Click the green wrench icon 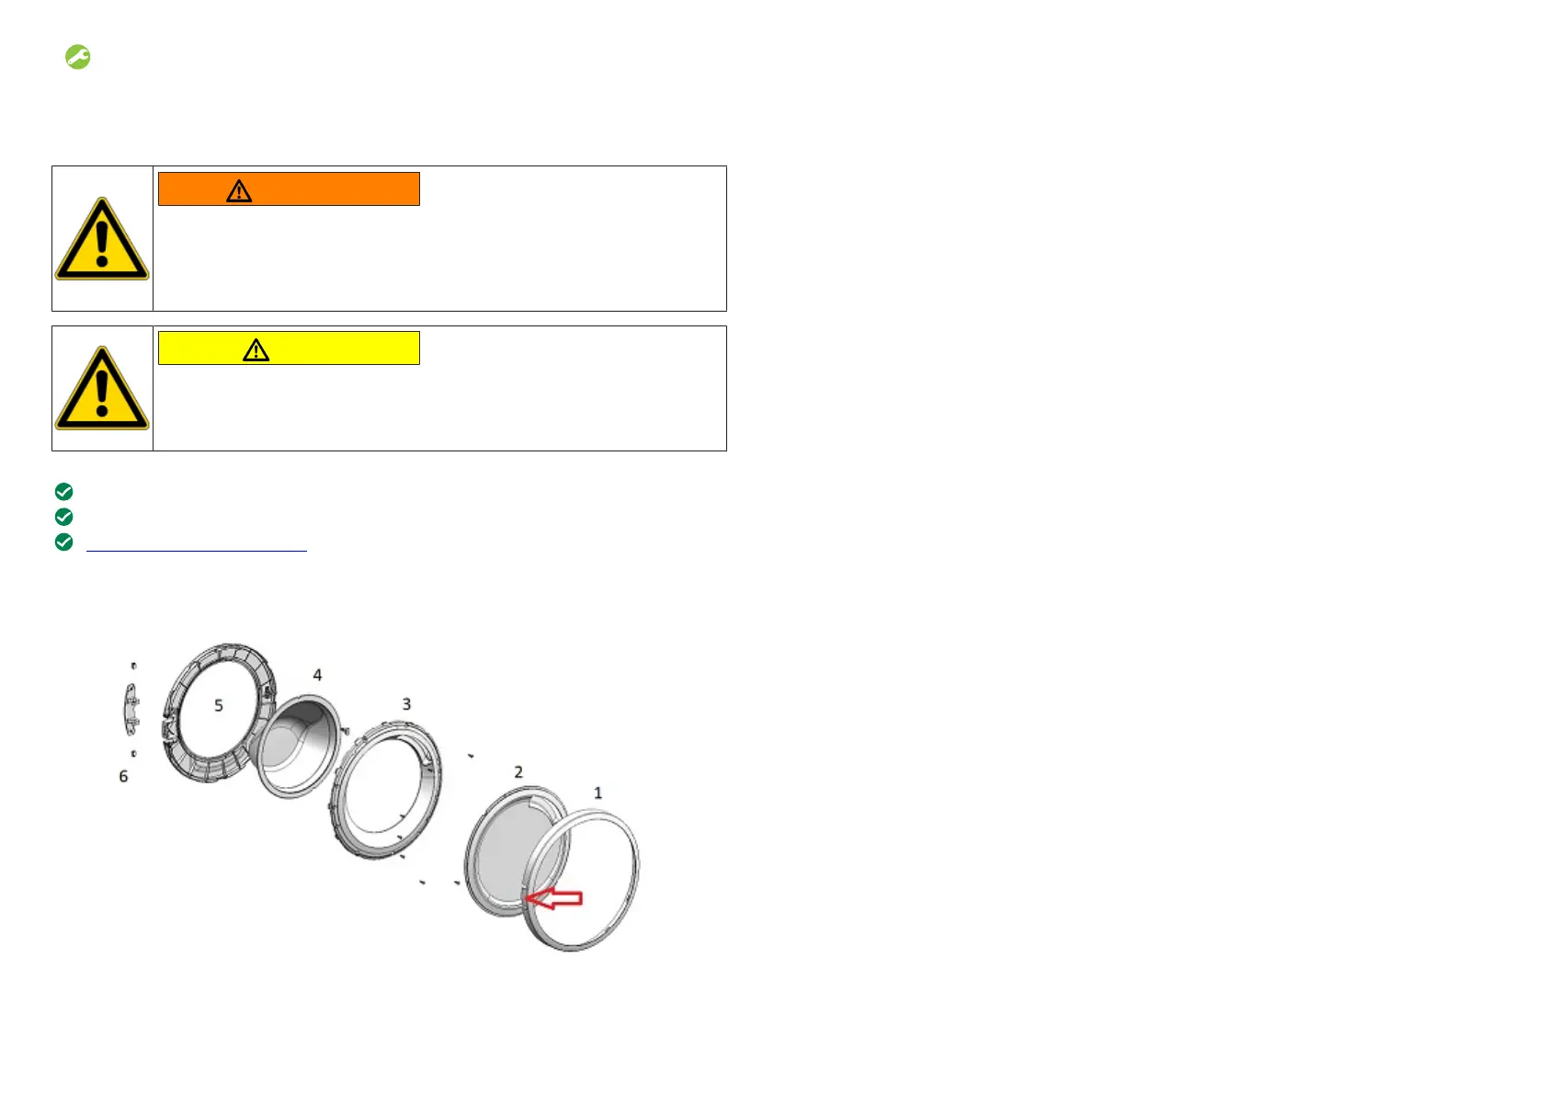77,57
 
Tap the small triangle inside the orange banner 239,190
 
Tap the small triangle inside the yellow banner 256,349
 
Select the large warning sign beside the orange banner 102,239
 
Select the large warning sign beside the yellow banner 102,389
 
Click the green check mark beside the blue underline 63,542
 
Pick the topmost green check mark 63,492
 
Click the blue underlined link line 197,551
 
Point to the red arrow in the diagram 553,898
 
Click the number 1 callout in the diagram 598,793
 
